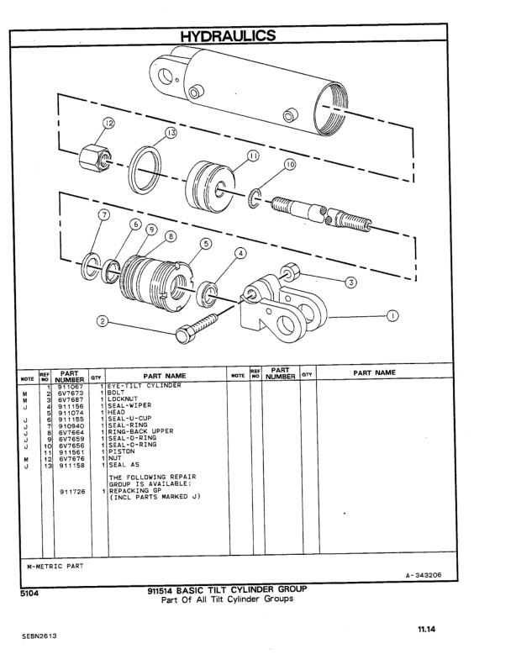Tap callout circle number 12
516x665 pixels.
click(109, 124)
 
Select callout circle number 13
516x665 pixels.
click(171, 134)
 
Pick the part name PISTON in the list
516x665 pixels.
click(122, 451)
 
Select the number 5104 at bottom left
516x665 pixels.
click(29, 592)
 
